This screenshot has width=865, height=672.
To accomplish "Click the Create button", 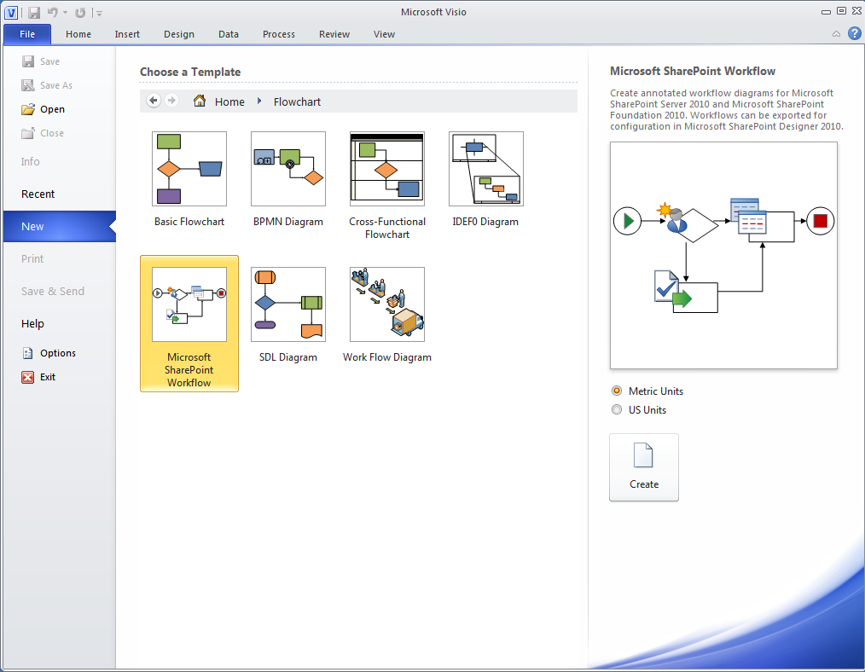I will point(643,466).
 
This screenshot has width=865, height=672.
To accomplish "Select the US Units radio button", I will point(617,410).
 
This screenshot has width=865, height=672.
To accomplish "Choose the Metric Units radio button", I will point(617,391).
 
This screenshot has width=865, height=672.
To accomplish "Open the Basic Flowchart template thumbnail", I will point(189,169).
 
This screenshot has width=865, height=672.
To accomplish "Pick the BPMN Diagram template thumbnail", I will point(288,169).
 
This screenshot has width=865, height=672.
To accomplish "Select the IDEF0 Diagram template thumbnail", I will point(486,169).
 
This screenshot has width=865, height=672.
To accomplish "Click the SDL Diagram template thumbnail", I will point(288,304).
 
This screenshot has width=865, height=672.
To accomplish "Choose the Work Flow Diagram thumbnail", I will point(387,304).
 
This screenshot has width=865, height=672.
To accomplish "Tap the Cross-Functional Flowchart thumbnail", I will point(387,169).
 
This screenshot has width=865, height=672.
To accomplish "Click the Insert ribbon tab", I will point(127,34).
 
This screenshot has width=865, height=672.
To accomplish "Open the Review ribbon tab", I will point(334,34).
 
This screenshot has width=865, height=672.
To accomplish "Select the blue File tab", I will point(27,34).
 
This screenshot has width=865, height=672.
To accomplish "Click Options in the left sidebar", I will point(58,353).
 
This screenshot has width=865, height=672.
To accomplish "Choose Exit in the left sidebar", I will point(48,377).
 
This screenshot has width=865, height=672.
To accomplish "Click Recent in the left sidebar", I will point(38,194).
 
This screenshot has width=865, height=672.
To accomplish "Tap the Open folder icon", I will point(28,109).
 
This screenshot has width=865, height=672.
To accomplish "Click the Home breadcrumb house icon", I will point(200,101).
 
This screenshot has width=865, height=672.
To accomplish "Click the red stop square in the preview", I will point(821,222).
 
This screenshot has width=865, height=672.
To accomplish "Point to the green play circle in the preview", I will point(628,222).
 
